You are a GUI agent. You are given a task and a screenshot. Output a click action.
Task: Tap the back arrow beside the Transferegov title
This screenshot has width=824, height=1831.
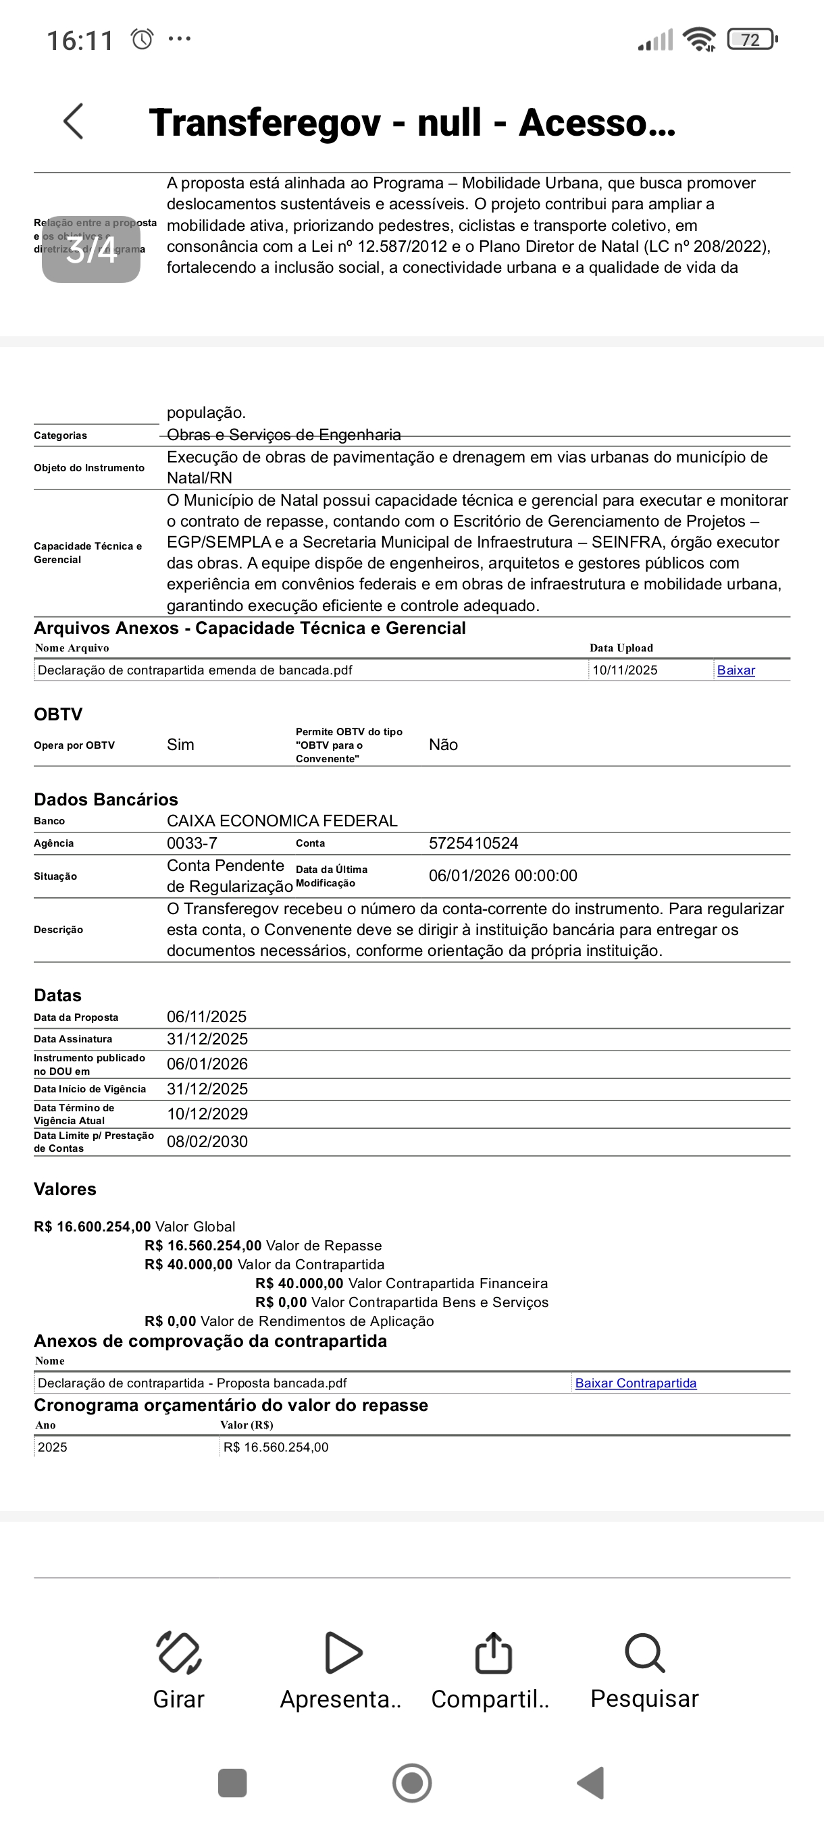coord(74,122)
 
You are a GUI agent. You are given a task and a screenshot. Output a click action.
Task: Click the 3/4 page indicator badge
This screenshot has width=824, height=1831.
coord(91,250)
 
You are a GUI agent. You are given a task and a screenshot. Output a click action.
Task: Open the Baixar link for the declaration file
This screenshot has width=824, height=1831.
coord(736,670)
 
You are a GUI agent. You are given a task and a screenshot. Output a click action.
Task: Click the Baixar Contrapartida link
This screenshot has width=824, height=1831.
coord(636,1383)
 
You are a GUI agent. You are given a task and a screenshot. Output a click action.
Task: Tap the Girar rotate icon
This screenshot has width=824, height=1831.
coord(178,1653)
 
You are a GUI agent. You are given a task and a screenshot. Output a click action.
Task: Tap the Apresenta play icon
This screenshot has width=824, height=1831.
coord(342,1653)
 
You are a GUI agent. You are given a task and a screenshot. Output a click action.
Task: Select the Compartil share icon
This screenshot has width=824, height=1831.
coord(492,1653)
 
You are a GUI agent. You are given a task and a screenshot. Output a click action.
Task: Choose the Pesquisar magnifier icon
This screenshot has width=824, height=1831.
coord(644,1653)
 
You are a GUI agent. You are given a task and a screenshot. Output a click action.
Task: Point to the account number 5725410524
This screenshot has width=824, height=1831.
coord(473,844)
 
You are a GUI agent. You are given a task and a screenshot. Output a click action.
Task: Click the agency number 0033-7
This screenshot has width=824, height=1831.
coord(192,844)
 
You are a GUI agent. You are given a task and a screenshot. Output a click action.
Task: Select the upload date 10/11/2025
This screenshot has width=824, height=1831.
coord(625,670)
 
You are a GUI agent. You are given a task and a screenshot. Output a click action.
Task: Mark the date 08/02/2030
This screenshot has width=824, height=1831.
coord(207,1142)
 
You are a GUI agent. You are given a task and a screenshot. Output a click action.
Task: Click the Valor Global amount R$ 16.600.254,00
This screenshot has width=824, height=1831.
coord(93,1227)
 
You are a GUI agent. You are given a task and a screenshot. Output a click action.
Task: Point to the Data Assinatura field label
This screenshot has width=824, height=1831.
coord(73,1039)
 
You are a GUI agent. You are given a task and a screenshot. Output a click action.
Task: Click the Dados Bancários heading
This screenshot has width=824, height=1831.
coord(106,799)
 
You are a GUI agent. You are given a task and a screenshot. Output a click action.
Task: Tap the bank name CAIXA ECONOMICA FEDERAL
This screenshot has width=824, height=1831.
coord(282,821)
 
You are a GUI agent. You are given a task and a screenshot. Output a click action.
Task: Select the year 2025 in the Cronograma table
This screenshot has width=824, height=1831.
coord(53,1447)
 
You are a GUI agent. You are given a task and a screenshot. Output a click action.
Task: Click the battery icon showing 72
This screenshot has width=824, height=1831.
coord(752,40)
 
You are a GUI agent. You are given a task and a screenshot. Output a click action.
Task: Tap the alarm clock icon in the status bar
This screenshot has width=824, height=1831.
coord(143,39)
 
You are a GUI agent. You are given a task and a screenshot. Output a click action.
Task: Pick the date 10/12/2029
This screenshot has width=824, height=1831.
coord(207,1114)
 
